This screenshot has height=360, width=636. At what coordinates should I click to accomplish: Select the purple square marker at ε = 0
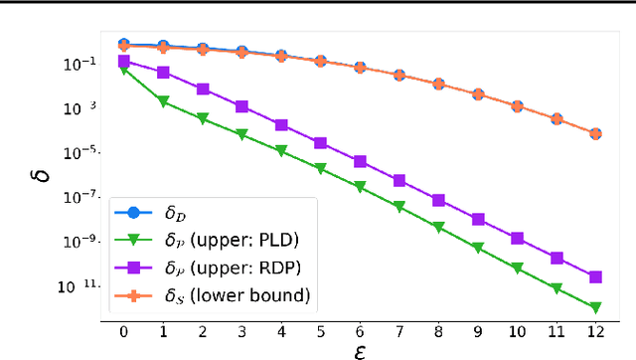click(x=123, y=62)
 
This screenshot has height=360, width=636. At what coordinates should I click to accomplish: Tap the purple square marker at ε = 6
click(x=360, y=161)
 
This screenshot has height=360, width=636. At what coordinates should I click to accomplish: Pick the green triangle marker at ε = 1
click(x=163, y=100)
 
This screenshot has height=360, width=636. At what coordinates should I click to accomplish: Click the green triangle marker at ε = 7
click(x=399, y=207)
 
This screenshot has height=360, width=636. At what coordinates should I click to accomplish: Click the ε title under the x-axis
click(x=359, y=349)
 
